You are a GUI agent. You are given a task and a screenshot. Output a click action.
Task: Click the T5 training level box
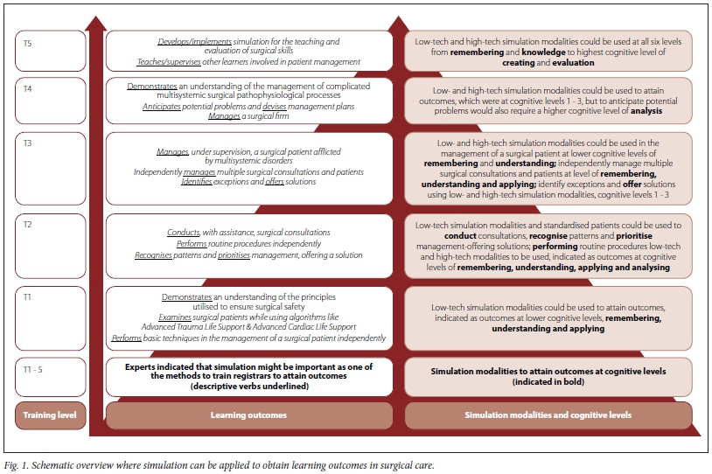51,51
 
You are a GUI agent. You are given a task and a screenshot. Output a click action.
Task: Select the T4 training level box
51,99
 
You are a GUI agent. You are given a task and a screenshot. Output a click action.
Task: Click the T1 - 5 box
51,377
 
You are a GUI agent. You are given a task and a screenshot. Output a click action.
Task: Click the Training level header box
51,415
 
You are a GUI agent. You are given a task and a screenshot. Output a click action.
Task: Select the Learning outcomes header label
249,415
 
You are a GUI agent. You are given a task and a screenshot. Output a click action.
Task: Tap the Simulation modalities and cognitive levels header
548,415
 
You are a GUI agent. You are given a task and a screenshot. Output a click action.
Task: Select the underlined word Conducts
184,232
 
